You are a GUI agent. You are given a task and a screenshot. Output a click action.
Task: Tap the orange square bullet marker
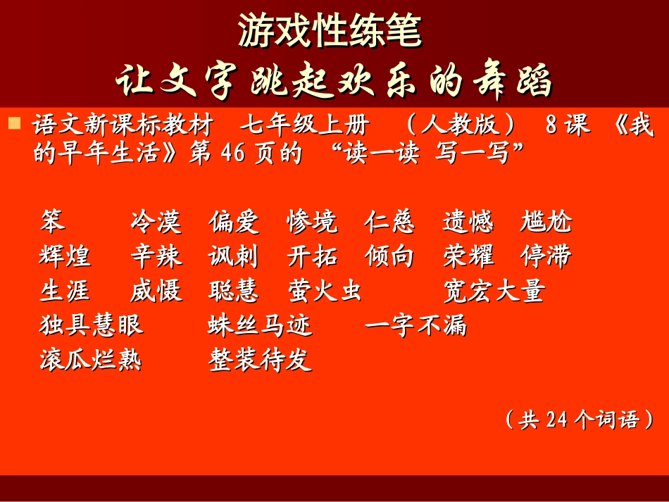(13, 125)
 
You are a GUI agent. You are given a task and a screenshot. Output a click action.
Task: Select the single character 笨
(52, 221)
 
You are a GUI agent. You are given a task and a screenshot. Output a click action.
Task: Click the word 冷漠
(156, 222)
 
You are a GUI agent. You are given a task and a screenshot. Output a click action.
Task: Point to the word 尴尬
(546, 222)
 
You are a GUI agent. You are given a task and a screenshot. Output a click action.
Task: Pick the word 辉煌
(65, 256)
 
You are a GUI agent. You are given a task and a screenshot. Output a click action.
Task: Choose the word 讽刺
(234, 256)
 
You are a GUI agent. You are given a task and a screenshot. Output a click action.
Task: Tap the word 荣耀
(468, 256)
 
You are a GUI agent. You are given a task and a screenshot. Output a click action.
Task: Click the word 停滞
(546, 256)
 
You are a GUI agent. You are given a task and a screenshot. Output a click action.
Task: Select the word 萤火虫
(324, 291)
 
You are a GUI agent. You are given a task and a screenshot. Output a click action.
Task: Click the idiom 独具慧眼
(92, 325)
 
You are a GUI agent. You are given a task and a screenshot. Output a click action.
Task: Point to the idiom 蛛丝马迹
(260, 325)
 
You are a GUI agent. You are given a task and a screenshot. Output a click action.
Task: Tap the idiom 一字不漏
(416, 325)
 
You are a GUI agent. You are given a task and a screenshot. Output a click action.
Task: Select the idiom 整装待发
(260, 360)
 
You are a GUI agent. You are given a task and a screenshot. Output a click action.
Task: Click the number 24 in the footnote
(556, 420)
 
